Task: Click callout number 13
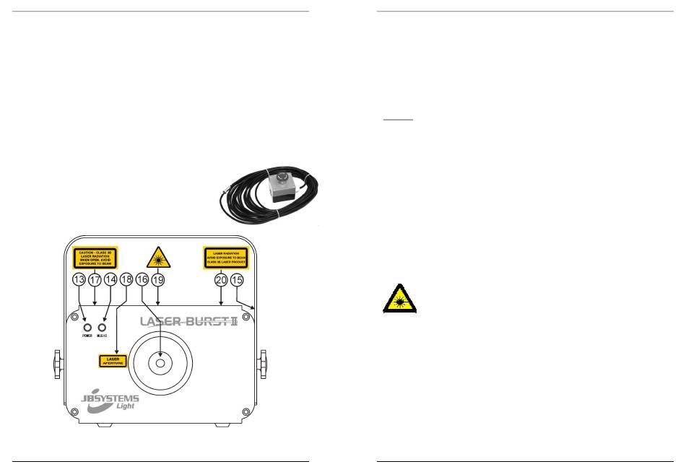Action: pos(79,279)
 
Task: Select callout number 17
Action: pos(95,279)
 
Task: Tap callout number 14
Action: pos(110,279)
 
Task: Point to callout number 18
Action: pos(127,279)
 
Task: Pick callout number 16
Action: pos(143,279)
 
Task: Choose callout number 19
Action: pos(159,279)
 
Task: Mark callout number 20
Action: pos(220,279)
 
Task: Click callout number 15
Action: pos(237,279)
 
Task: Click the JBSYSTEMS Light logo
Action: pos(106,400)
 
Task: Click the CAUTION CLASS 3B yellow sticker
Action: pos(95,257)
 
